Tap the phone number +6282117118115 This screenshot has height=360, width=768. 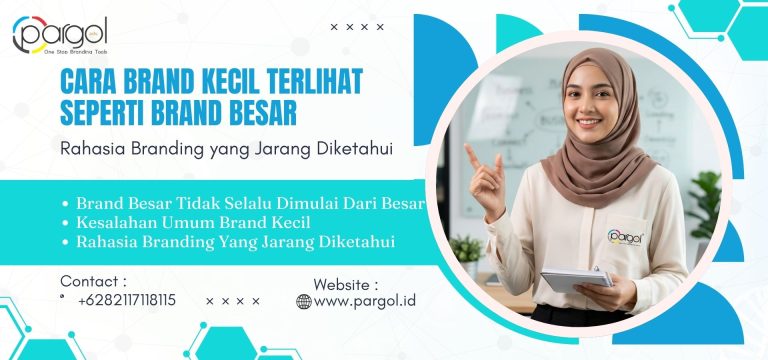pos(126,300)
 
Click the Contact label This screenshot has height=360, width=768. pos(93,281)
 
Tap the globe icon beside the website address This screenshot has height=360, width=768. pos(304,301)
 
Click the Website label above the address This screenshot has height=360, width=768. pos(346,283)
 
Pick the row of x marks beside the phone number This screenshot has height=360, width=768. pos(232,301)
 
